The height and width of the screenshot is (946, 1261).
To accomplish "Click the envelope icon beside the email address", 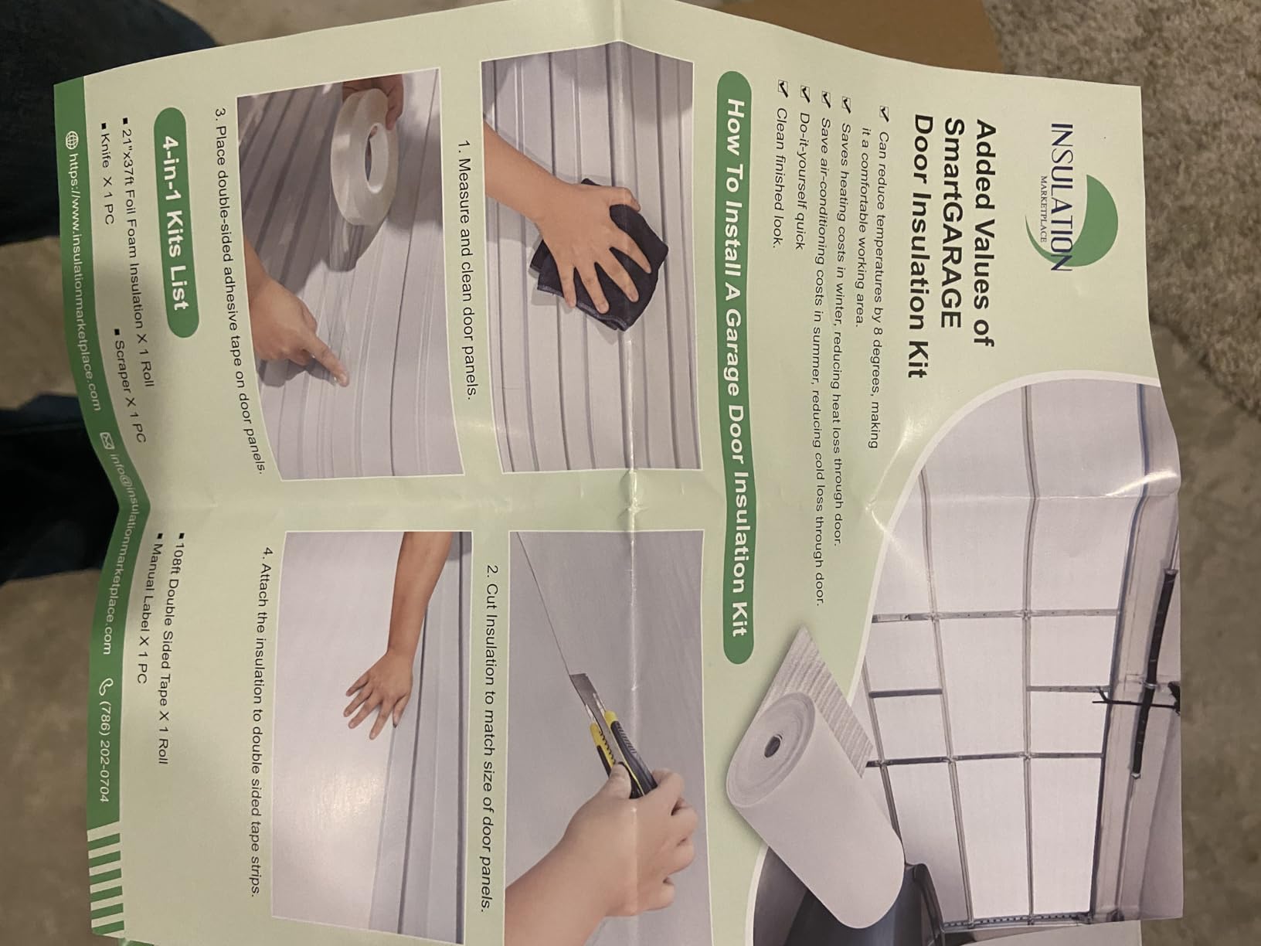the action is [x=107, y=441].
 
